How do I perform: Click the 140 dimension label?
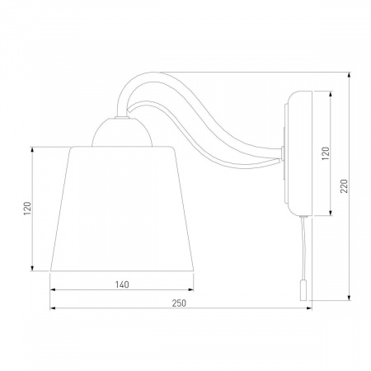[x=122, y=284]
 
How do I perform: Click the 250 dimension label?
[x=179, y=303]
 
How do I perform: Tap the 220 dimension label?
[x=344, y=186]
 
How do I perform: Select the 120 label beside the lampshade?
[x=27, y=209]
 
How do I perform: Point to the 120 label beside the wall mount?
[x=326, y=153]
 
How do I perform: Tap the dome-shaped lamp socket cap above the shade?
[x=122, y=133]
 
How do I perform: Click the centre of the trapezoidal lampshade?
[x=122, y=209]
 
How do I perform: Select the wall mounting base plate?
[x=298, y=153]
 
